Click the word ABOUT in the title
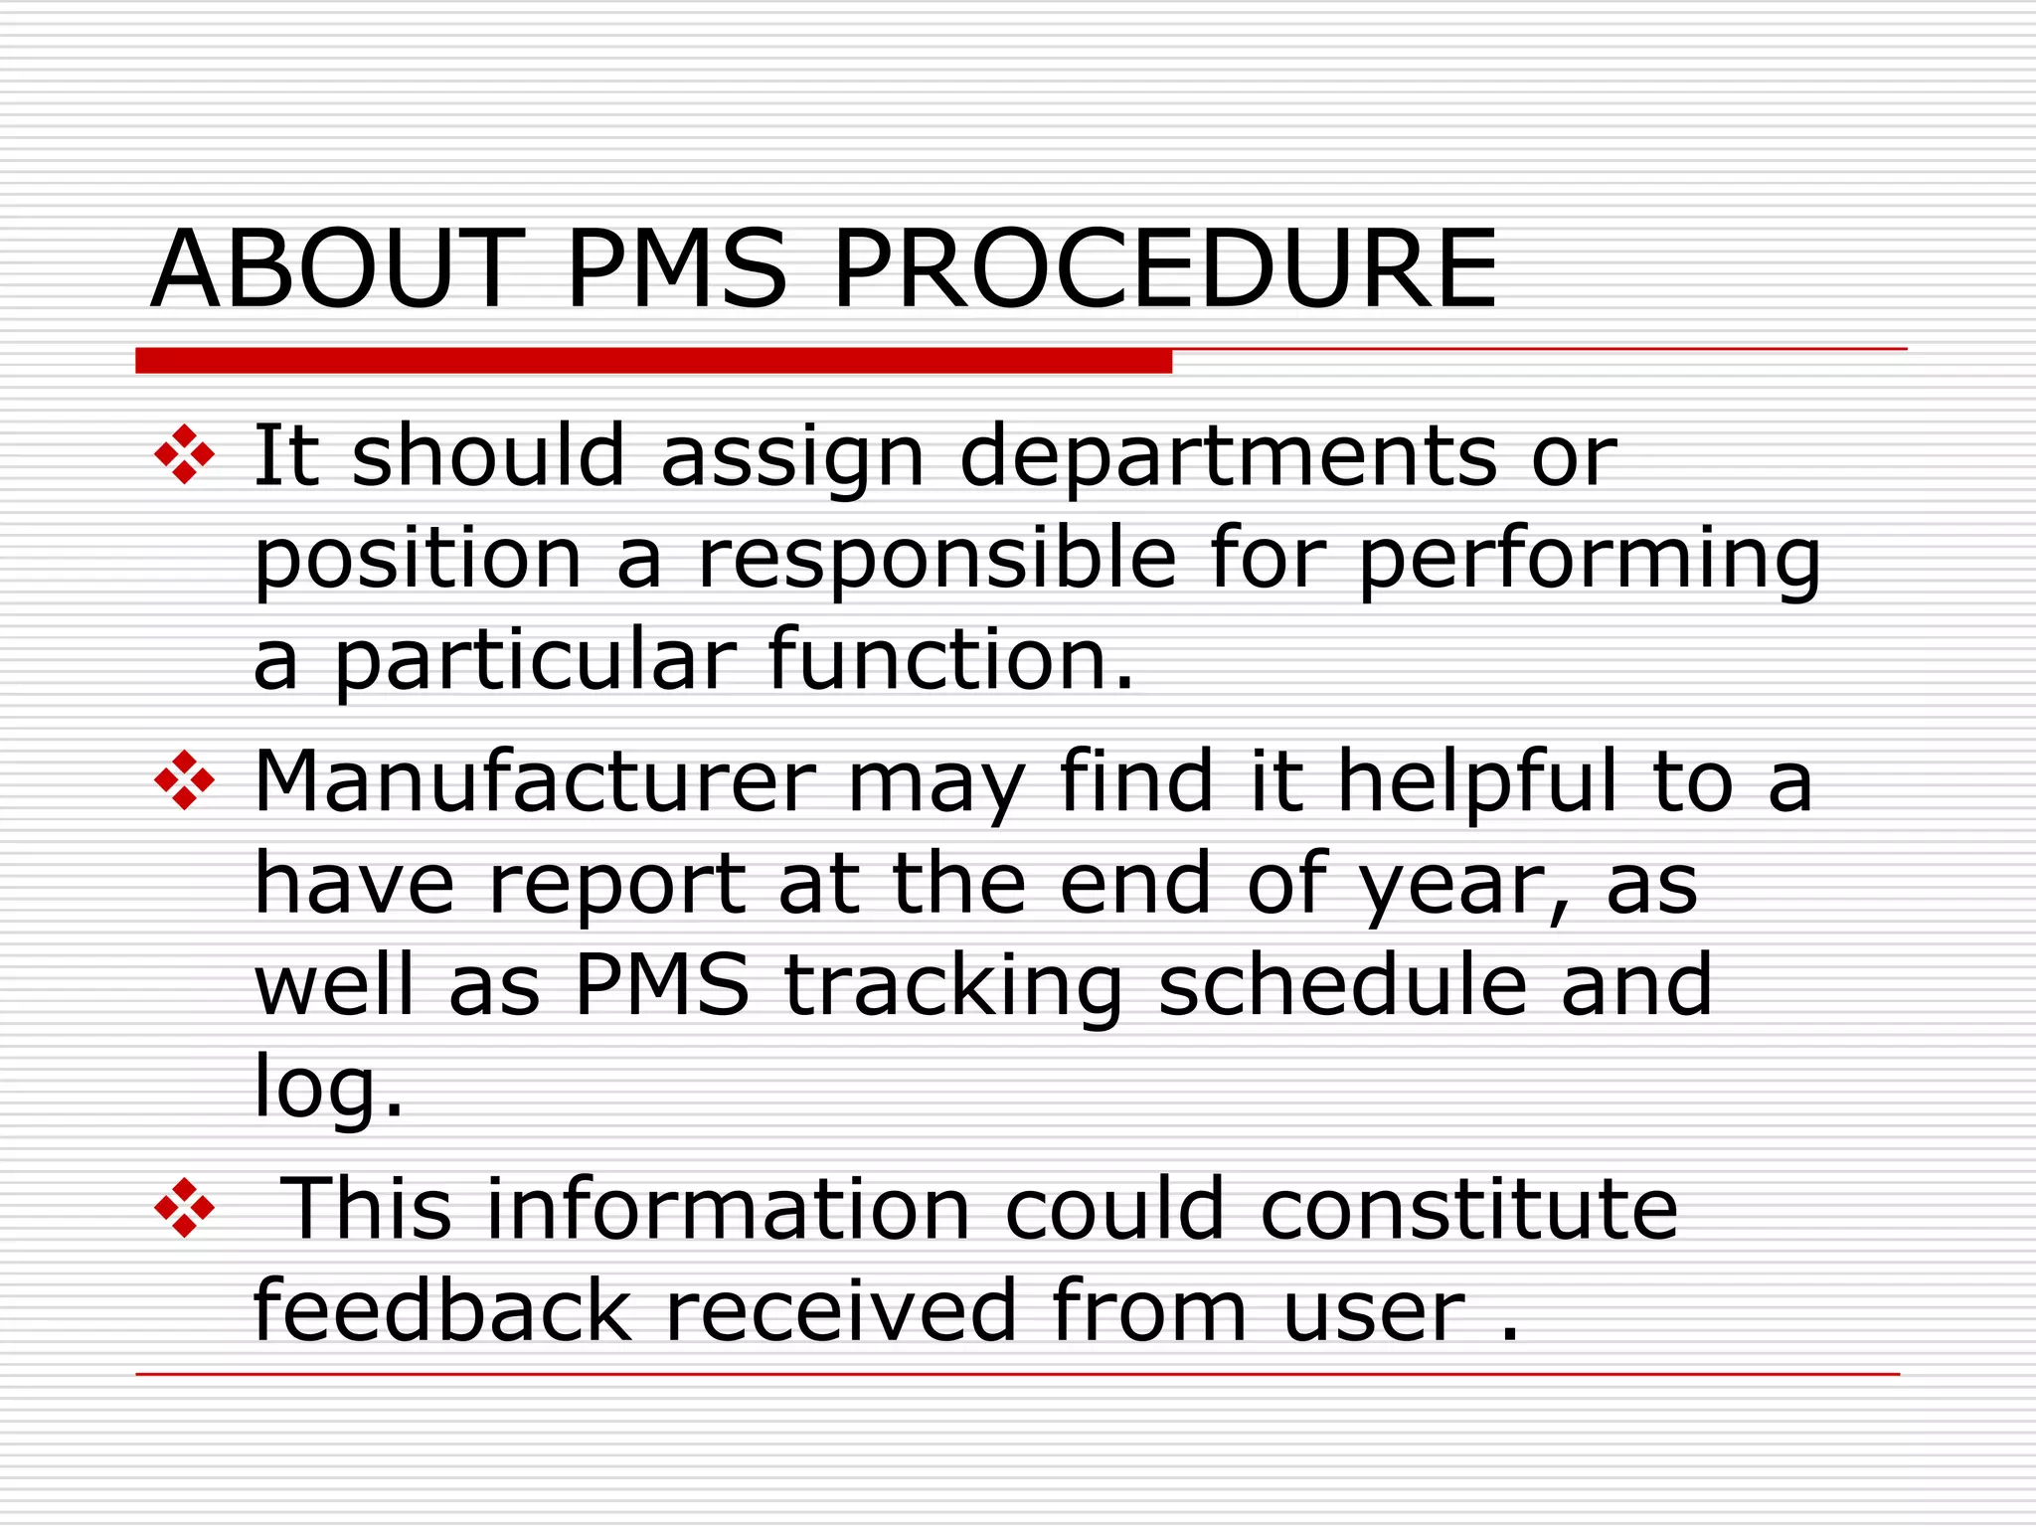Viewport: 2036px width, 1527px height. (338, 268)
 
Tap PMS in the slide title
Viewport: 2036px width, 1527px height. (677, 268)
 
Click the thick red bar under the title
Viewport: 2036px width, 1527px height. (653, 361)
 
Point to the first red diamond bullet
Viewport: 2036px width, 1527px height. (185, 455)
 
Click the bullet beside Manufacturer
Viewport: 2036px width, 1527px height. (185, 780)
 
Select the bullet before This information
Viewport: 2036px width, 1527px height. (185, 1209)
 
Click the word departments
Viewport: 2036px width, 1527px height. (1228, 457)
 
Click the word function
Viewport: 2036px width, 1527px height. (949, 660)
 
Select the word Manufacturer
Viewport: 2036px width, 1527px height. (535, 783)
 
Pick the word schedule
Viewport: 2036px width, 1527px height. (1342, 986)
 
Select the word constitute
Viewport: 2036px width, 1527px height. (1469, 1211)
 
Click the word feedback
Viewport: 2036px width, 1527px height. (442, 1312)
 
